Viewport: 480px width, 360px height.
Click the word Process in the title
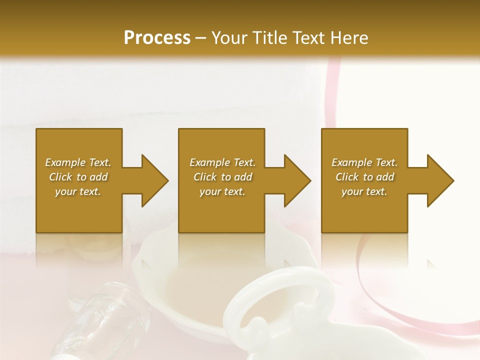pos(157,38)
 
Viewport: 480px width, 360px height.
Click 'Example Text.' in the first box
pos(78,162)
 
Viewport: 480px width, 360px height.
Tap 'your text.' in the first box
pos(78,191)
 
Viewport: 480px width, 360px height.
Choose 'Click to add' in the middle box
pos(222,177)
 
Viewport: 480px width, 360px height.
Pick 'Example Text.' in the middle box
pos(222,162)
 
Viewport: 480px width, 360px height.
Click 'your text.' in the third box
pos(364,191)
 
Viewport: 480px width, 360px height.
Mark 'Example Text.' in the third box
pos(364,162)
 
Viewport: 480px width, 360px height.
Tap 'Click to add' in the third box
pos(364,177)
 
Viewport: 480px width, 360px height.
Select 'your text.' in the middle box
pos(222,191)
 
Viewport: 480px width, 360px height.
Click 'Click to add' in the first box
pos(78,177)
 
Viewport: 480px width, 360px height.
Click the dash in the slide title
pos(201,38)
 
